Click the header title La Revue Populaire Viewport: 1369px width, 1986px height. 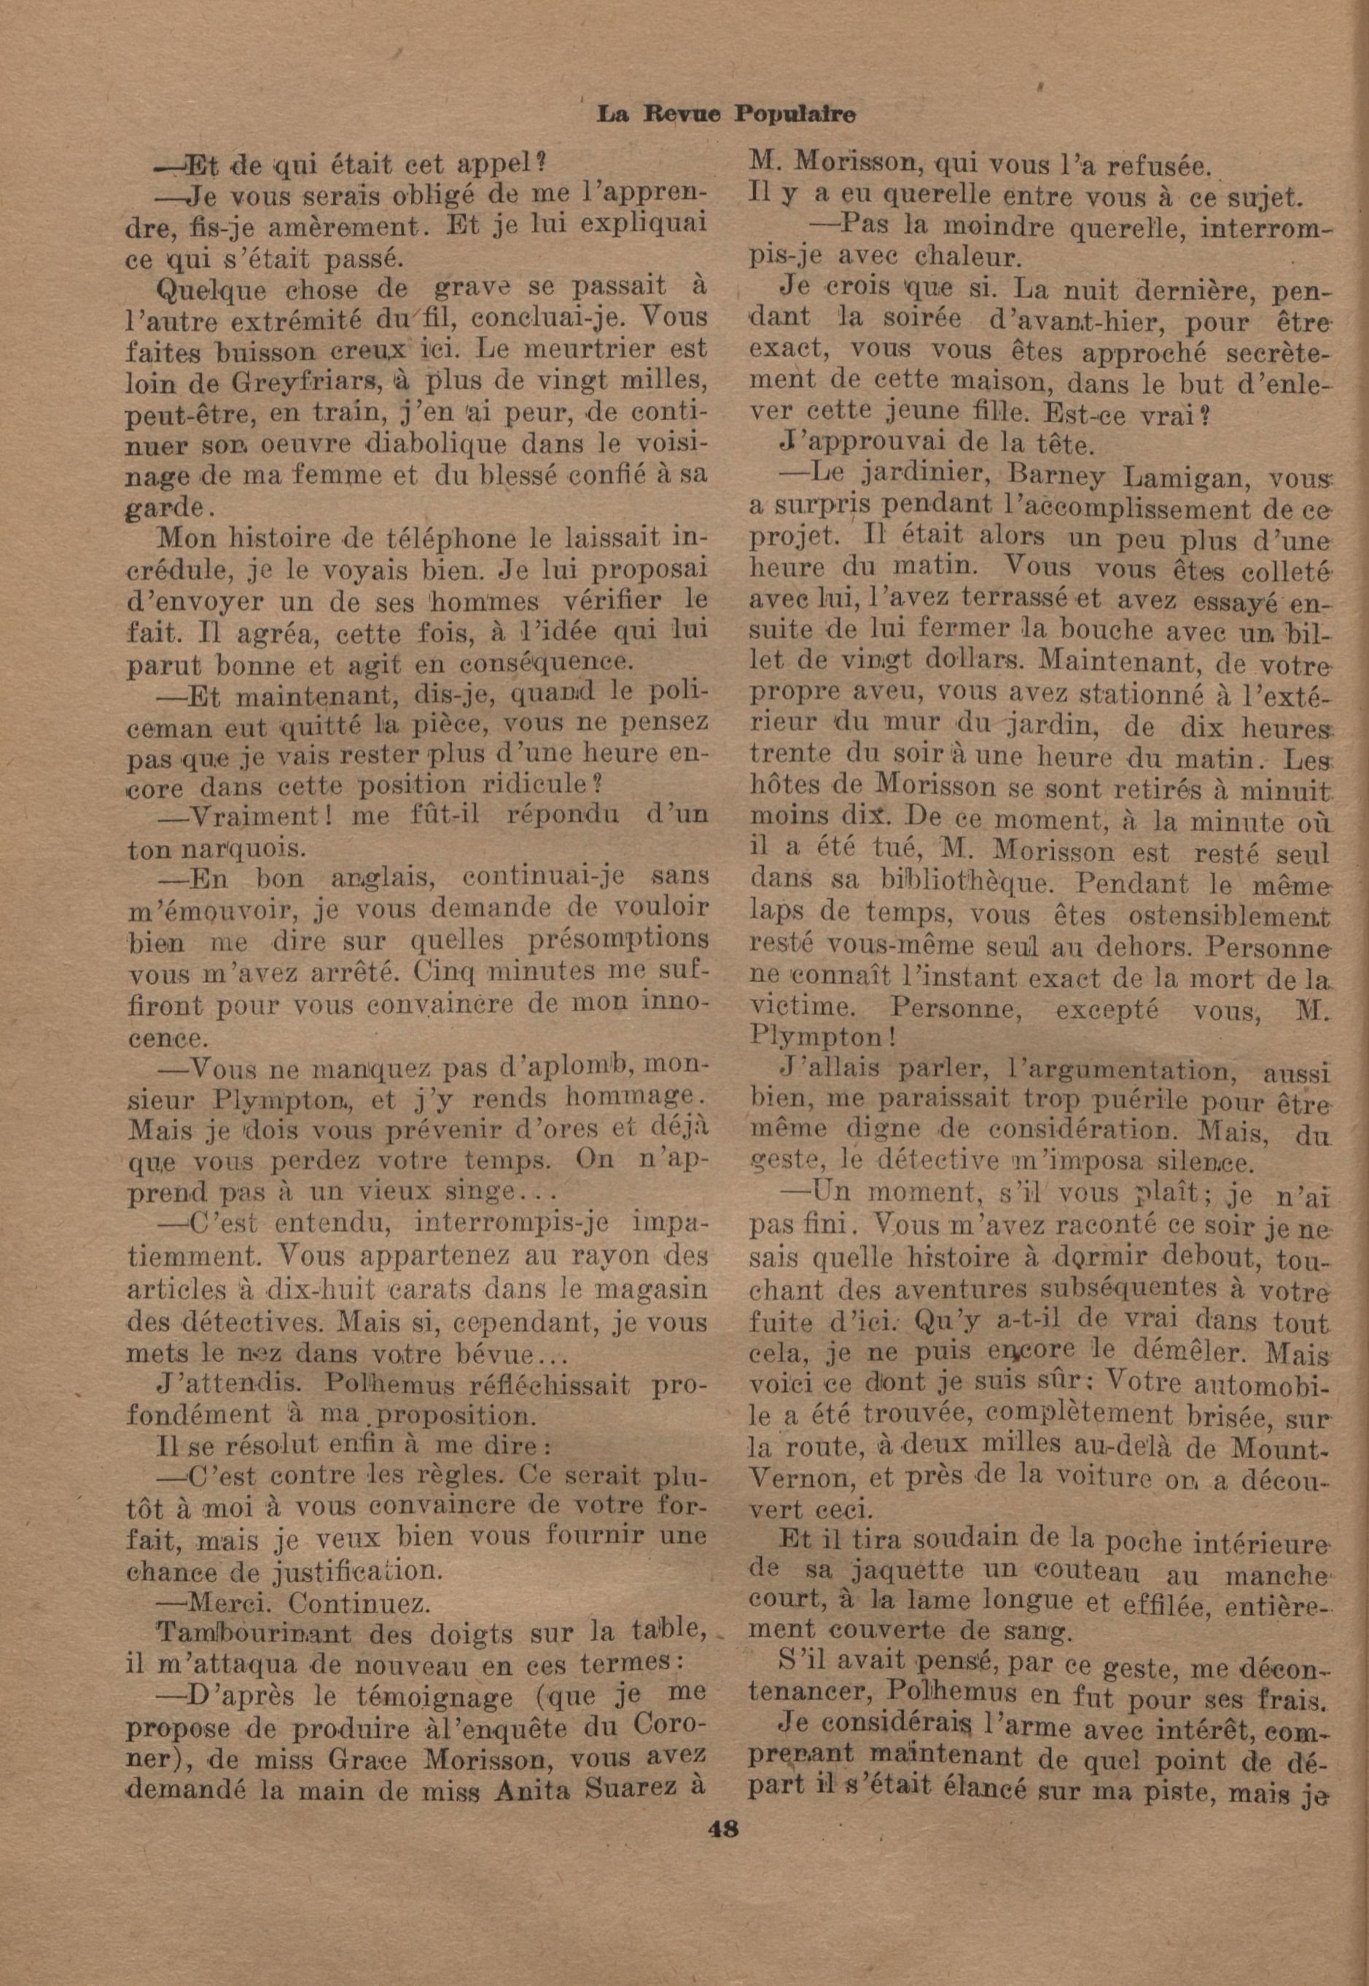(x=728, y=113)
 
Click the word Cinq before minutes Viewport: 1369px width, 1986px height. (x=442, y=972)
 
